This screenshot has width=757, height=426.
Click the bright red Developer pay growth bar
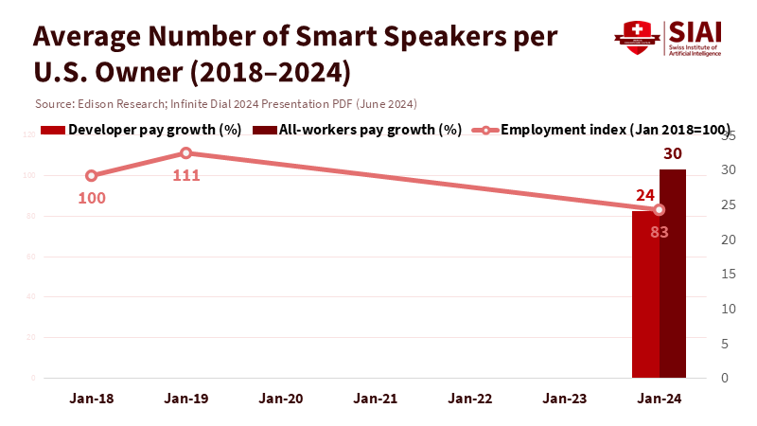point(645,294)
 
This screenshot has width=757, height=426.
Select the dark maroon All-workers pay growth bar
point(673,274)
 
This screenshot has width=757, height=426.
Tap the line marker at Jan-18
point(92,175)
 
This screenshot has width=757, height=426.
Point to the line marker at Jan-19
point(186,152)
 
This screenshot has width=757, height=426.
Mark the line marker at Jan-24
point(660,210)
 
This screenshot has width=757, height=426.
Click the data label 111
point(186,175)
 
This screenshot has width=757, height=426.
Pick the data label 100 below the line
point(92,198)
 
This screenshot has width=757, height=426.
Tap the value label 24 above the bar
point(645,196)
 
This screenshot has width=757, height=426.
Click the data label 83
point(660,232)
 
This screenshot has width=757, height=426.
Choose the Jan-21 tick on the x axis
point(376,399)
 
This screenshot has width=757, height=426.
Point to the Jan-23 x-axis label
point(565,399)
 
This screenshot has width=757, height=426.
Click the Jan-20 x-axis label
point(281,399)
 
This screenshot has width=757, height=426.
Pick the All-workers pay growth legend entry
point(364,130)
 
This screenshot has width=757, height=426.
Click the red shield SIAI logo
point(636,38)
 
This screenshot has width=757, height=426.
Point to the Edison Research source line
point(225,103)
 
